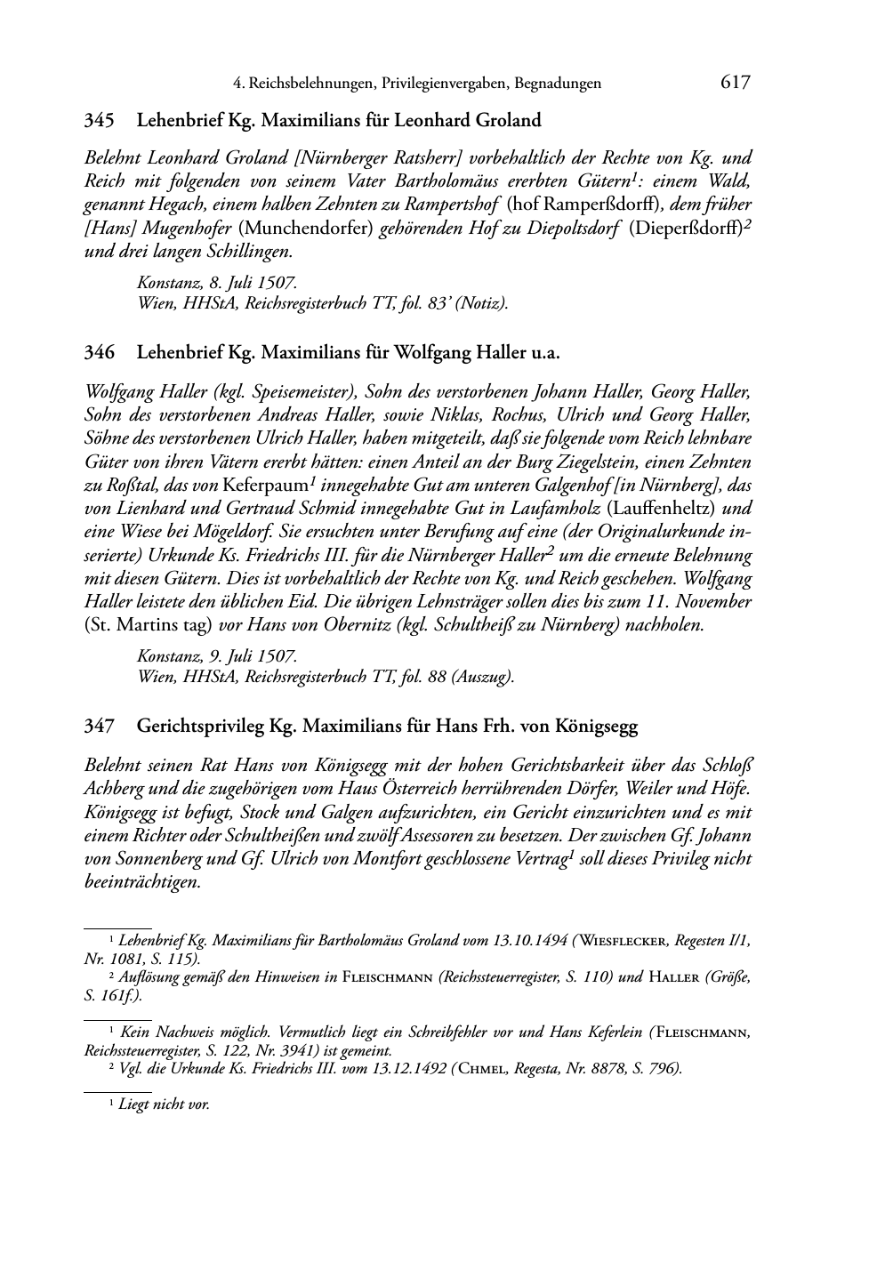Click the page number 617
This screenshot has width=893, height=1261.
click(x=736, y=83)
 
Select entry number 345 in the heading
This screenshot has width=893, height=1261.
click(x=98, y=119)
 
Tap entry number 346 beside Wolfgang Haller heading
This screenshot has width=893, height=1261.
click(x=98, y=352)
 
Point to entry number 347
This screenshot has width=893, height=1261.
click(x=98, y=726)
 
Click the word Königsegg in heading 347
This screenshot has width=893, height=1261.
click(x=596, y=726)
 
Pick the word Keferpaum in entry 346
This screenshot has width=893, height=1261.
click(x=263, y=486)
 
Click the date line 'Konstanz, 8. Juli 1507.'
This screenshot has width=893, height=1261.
click(x=217, y=283)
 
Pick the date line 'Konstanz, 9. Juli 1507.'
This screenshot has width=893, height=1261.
click(x=217, y=656)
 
